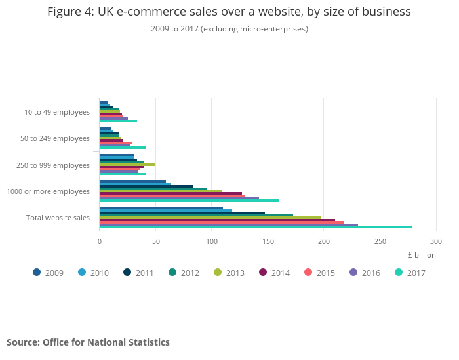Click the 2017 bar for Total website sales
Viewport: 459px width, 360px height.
click(x=256, y=227)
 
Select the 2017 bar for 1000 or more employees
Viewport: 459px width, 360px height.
click(x=190, y=201)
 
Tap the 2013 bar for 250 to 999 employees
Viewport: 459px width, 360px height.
click(x=127, y=164)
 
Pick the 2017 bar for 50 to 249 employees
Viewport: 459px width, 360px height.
click(x=123, y=148)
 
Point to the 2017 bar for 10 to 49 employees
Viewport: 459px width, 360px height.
click(x=118, y=121)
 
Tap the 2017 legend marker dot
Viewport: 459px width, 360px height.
click(x=399, y=272)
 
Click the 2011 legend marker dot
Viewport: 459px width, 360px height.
click(x=127, y=272)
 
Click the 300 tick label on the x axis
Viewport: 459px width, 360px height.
click(x=437, y=241)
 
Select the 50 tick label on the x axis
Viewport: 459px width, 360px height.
click(x=155, y=241)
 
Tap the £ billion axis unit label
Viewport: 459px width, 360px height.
click(x=421, y=255)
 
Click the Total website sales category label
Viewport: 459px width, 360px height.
click(x=58, y=218)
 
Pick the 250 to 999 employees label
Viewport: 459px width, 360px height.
click(x=53, y=165)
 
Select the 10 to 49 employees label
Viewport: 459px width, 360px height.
click(x=57, y=112)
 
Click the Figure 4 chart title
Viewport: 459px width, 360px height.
click(x=229, y=12)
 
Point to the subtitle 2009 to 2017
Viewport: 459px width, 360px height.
click(x=229, y=29)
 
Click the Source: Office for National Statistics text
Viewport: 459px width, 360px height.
click(x=88, y=342)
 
